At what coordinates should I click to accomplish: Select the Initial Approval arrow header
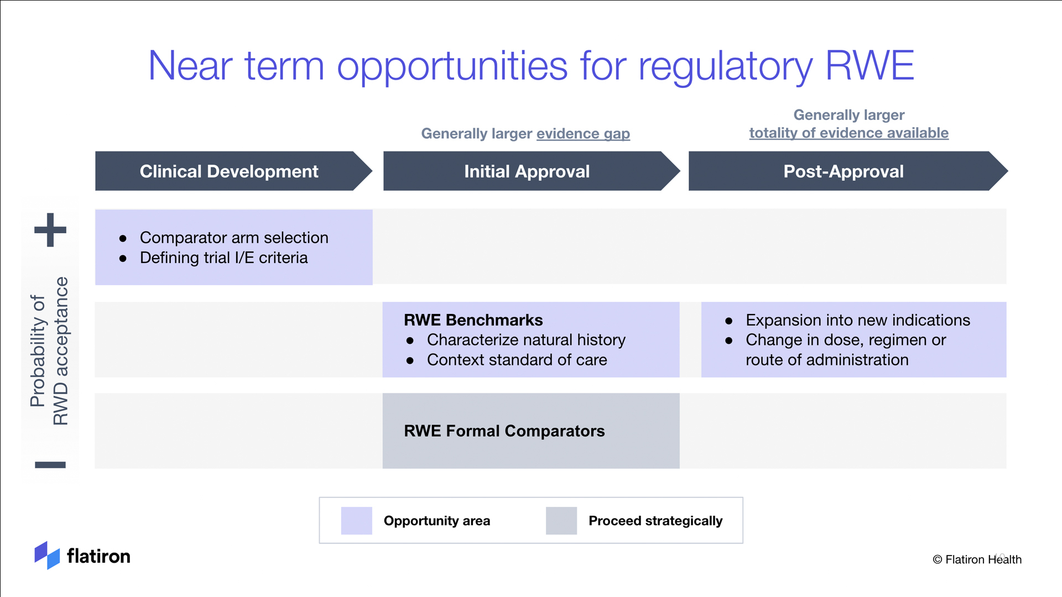(531, 171)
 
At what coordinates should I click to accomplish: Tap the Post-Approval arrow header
(848, 171)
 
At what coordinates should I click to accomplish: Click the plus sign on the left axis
(50, 230)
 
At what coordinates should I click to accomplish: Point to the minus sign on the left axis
(50, 465)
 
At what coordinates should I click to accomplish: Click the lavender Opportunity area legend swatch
(357, 521)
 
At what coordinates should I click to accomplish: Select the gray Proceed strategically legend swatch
(561, 521)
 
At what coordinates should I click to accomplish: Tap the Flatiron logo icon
(47, 555)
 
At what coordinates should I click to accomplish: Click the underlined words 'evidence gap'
(583, 134)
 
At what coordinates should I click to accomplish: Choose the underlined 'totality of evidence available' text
(849, 133)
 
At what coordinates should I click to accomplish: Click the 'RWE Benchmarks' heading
(473, 320)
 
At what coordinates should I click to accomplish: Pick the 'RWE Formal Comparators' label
(504, 431)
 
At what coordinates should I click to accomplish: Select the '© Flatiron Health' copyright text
(977, 559)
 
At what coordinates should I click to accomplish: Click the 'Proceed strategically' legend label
(655, 521)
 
